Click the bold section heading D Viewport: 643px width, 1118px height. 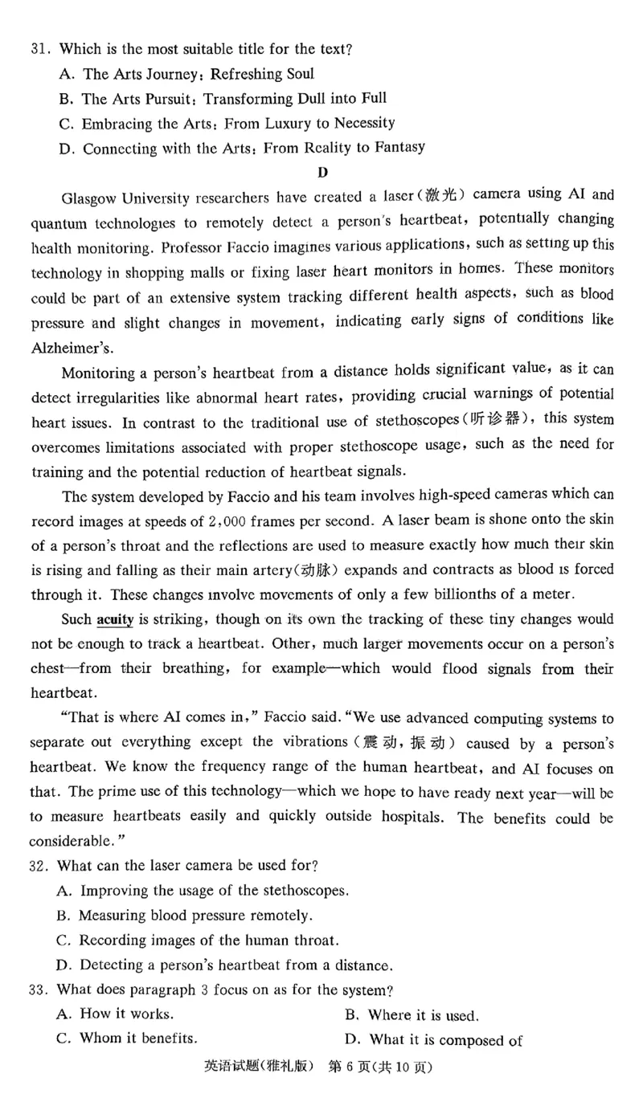tap(322, 171)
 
